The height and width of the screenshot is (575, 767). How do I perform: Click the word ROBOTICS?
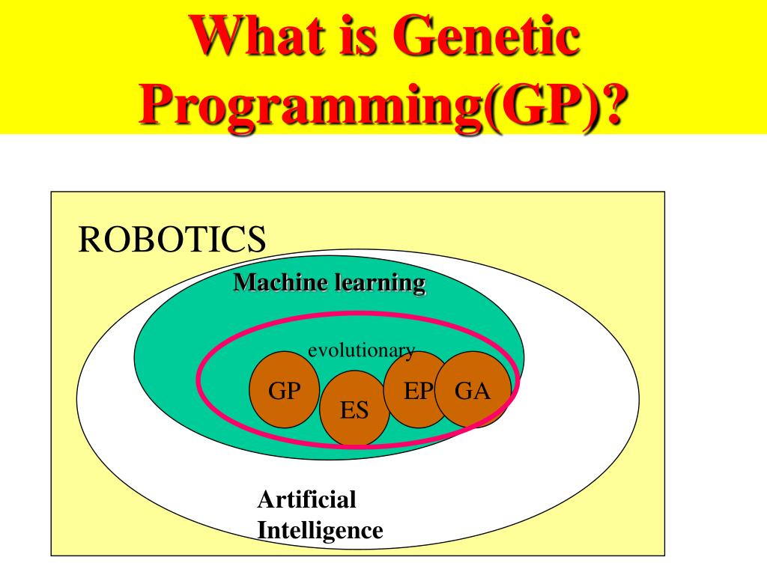point(172,240)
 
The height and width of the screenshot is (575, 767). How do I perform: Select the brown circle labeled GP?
point(285,389)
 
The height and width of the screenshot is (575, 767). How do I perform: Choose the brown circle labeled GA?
point(473,389)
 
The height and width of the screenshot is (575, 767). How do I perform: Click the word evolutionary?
point(362,350)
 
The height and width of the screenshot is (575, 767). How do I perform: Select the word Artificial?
point(306,499)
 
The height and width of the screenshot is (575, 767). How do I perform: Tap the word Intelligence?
point(320,531)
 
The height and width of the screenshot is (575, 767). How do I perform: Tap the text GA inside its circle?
point(473,391)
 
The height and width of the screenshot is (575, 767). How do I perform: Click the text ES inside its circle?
point(354,411)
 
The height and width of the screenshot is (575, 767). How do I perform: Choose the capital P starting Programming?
point(155,106)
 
